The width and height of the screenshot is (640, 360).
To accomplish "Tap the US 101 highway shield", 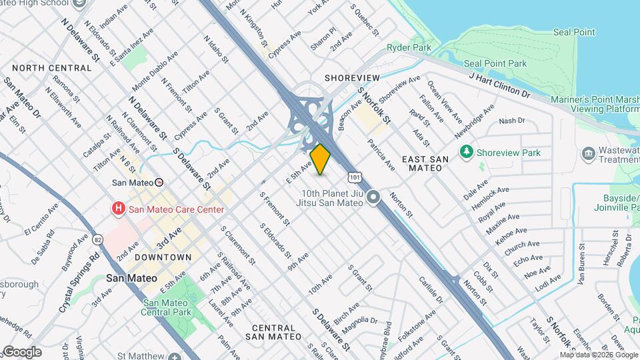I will point(355,177).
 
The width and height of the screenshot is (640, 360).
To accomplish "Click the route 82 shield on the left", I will point(98,239).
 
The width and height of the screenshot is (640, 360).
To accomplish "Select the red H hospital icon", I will point(119,209).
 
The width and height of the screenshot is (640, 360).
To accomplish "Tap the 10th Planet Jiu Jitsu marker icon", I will point(373,198).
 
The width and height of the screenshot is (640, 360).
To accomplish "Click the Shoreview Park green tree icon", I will point(467,153).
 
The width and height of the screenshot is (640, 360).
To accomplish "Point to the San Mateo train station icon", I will point(159,182).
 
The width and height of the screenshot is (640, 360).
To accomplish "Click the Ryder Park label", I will point(409,48).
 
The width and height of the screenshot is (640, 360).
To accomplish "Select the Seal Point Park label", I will point(495,63).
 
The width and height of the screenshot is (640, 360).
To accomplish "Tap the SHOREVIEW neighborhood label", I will point(352,78).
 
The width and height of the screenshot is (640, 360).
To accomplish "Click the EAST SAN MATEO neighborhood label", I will point(422,163).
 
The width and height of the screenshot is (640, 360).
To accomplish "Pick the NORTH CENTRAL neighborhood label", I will point(51,68).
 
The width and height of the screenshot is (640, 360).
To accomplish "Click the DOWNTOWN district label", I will point(163,257).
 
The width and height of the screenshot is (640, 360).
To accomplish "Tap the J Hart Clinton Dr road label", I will point(500,86).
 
